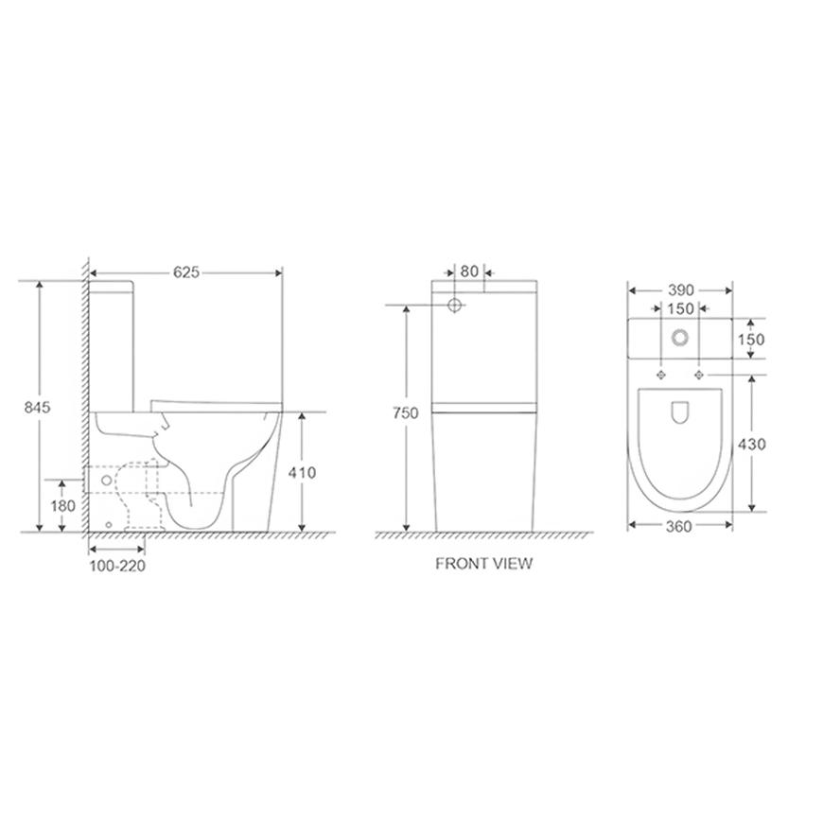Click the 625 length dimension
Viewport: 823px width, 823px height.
click(x=186, y=272)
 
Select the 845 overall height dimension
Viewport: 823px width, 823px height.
click(x=37, y=408)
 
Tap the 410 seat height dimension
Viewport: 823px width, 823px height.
click(x=302, y=473)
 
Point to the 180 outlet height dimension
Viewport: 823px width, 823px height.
click(x=63, y=506)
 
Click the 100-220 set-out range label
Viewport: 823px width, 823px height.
click(x=117, y=567)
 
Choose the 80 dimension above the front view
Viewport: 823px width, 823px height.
click(x=469, y=271)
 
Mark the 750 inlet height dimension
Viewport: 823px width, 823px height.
click(x=406, y=413)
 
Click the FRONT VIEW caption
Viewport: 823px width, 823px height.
click(x=484, y=564)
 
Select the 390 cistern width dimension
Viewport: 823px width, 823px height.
click(x=681, y=290)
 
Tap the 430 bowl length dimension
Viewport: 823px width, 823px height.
click(x=752, y=445)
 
